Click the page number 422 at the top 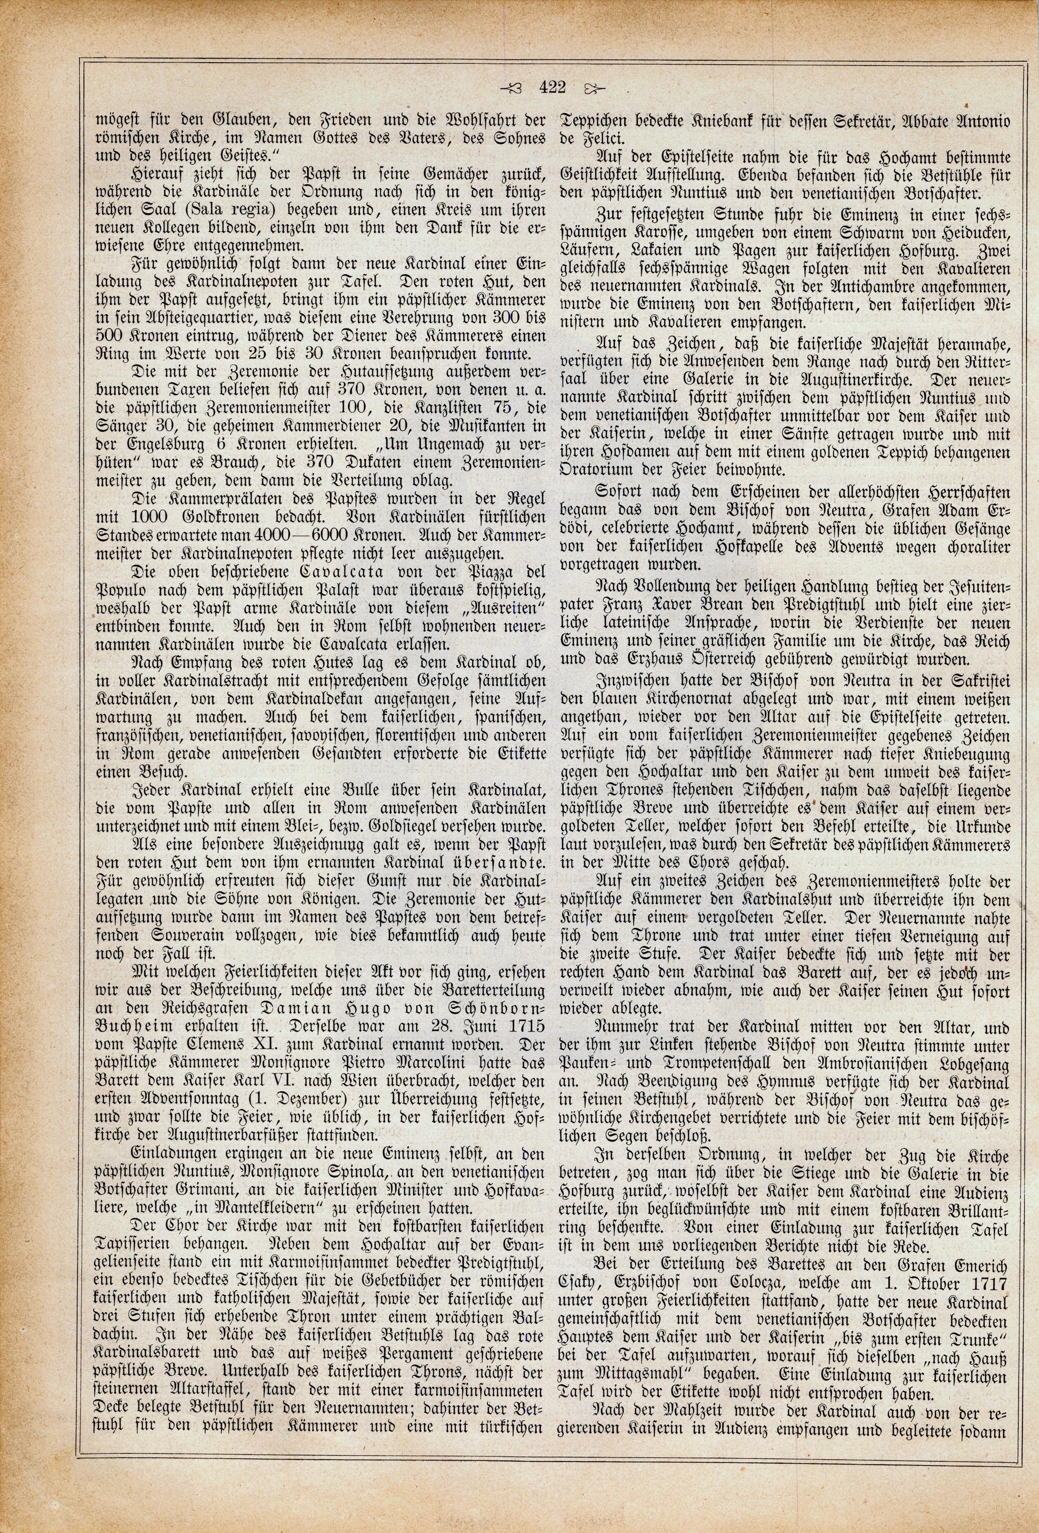tap(552, 87)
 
